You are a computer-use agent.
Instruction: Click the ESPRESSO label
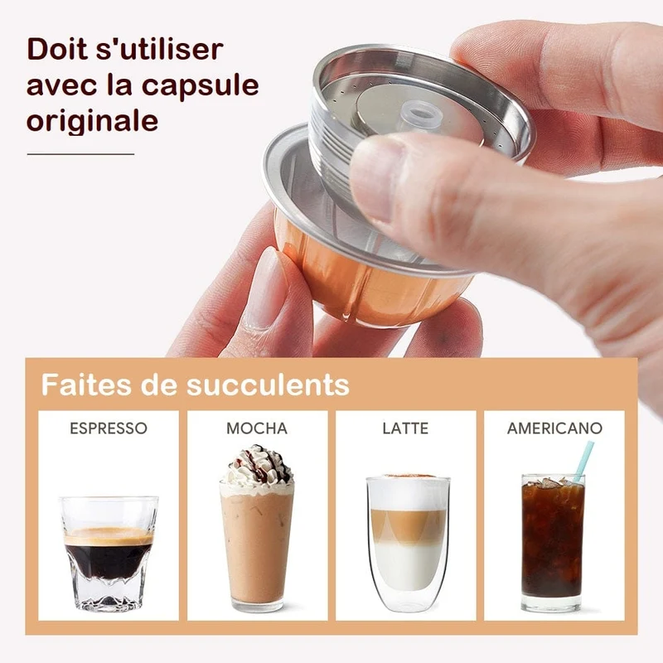point(109,428)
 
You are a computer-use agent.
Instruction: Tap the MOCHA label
point(257,428)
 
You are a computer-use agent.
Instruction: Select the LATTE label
point(405,428)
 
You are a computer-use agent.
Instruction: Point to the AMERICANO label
point(554,428)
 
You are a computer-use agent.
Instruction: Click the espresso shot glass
point(109,553)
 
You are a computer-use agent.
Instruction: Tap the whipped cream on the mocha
point(257,468)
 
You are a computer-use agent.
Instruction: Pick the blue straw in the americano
point(583,462)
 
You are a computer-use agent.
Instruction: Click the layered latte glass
point(408,544)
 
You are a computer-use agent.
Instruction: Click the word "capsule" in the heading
point(200,86)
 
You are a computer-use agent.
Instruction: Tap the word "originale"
point(92,120)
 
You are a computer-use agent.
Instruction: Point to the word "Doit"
point(57,50)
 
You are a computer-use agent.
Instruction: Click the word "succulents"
point(268,385)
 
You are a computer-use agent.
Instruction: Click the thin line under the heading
point(80,154)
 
